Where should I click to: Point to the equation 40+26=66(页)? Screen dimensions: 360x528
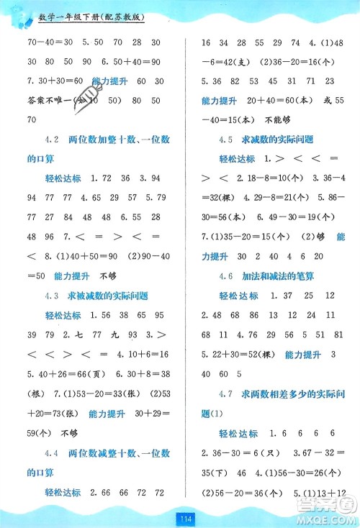point(68,374)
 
